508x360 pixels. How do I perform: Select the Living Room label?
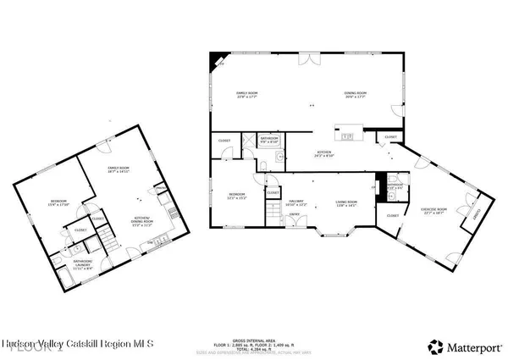(x=346, y=202)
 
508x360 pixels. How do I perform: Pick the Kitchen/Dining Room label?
(x=141, y=223)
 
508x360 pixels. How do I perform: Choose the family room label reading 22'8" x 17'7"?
(x=246, y=94)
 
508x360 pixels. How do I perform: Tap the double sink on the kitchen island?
(x=347, y=134)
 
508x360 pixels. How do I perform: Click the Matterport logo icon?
(x=436, y=346)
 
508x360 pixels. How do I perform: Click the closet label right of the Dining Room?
(x=391, y=136)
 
